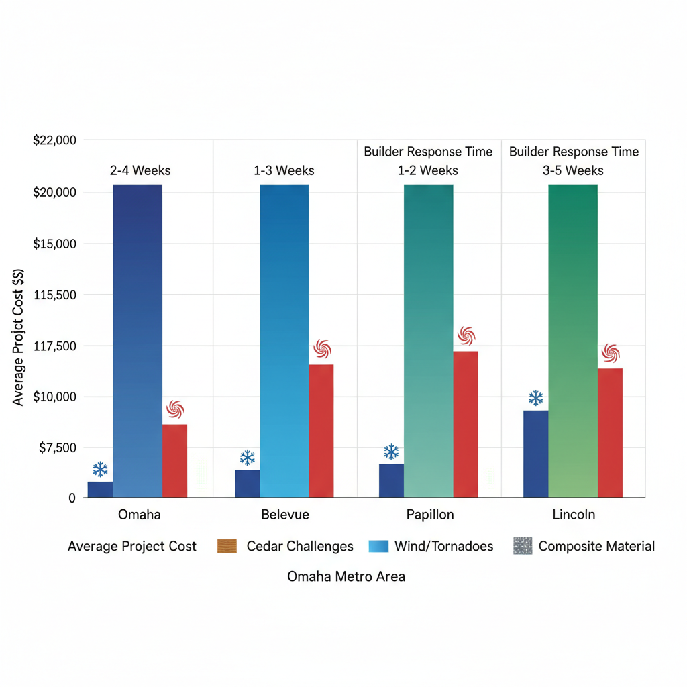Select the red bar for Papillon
(466, 424)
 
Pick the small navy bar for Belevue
(248, 484)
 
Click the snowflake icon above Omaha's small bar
(101, 469)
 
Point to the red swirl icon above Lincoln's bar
(611, 353)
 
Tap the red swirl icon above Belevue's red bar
(322, 349)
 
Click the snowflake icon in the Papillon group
(391, 452)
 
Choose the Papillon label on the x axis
(430, 515)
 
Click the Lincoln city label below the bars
(574, 515)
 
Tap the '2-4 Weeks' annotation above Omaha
(140, 170)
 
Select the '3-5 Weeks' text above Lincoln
(573, 170)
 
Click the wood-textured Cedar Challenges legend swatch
(227, 546)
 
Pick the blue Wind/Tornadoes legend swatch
(378, 546)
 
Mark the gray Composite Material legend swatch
(523, 546)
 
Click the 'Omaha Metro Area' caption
(346, 576)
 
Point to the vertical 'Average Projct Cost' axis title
(19, 335)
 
